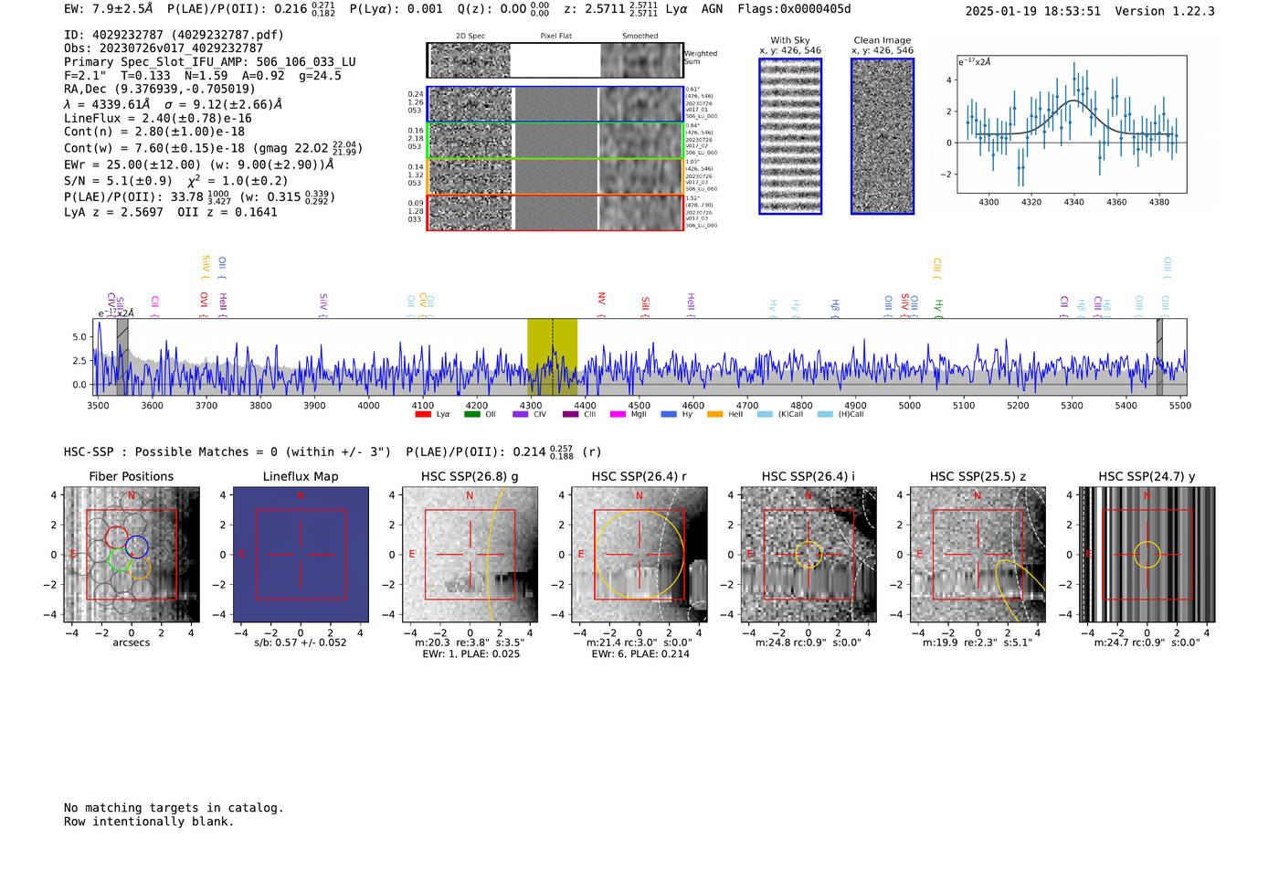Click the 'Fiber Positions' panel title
131,476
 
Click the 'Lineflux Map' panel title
301,476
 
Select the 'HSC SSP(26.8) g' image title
470,476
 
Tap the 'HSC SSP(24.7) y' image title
1147,476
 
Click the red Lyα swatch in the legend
423,415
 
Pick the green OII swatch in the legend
471,415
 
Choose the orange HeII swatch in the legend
714,415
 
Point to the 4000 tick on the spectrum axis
368,406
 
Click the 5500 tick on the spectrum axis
1179,406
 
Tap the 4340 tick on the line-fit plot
1073,202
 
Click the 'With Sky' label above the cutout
790,40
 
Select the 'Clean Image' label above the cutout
882,40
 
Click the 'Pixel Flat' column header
555,37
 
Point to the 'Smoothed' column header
639,37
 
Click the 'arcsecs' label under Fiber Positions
131,643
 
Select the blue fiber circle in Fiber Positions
137,547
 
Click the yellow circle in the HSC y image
1147,554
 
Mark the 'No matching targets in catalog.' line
174,808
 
